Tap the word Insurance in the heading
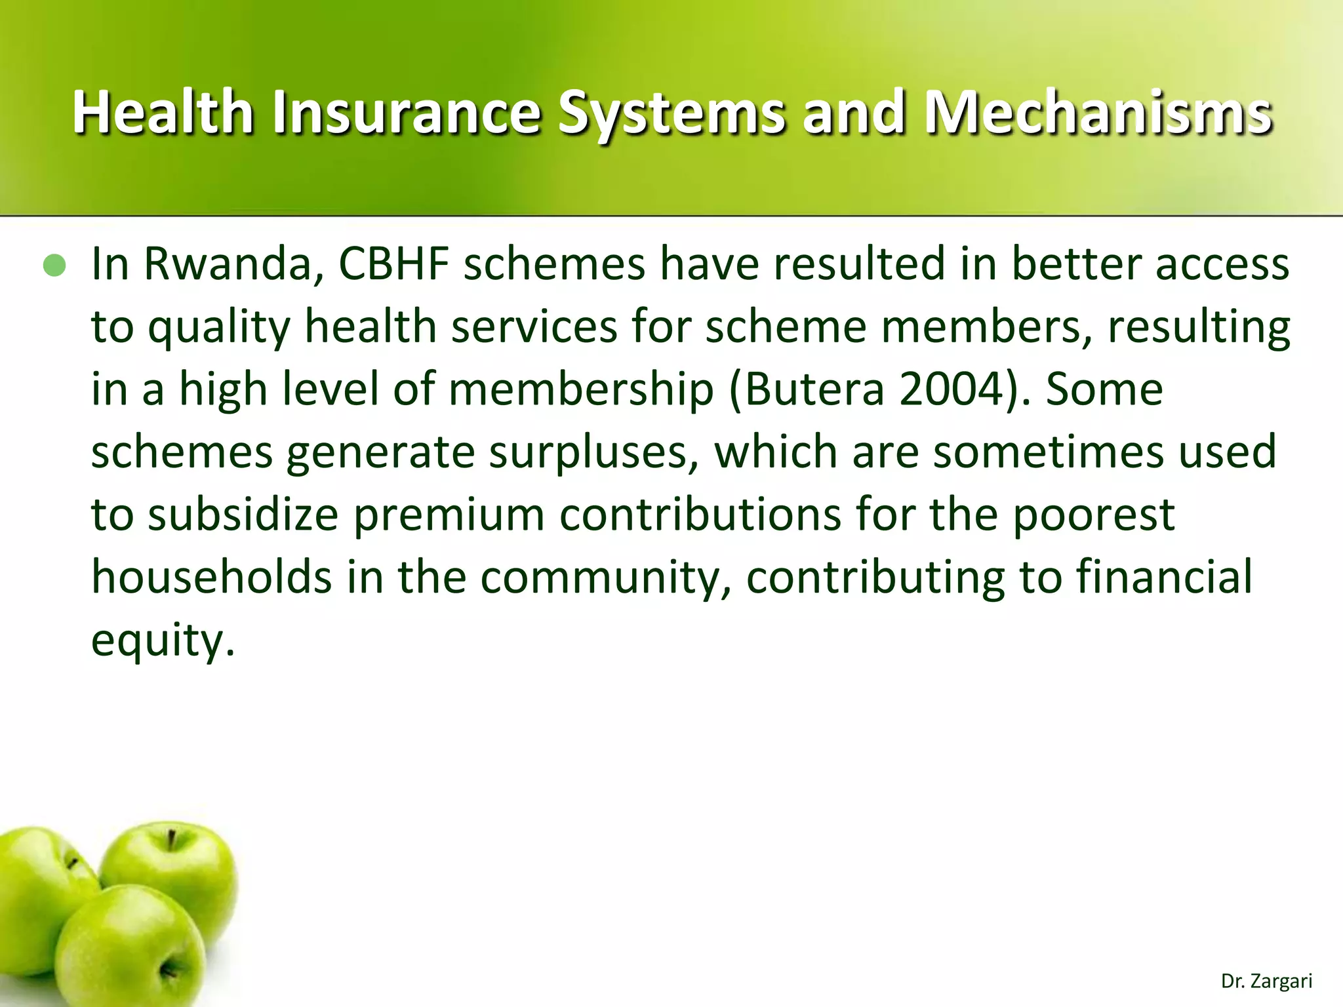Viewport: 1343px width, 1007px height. pyautogui.click(x=407, y=113)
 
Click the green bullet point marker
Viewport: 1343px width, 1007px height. pyautogui.click(x=54, y=266)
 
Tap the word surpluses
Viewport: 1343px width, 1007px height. pyautogui.click(x=593, y=452)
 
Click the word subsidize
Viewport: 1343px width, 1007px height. pyautogui.click(x=243, y=515)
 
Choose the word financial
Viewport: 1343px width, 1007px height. pyautogui.click(x=1163, y=578)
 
